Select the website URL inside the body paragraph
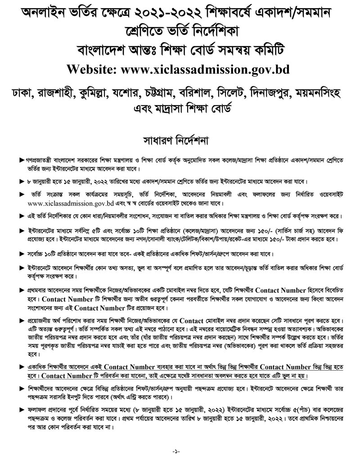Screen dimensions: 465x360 coord(60,202)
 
